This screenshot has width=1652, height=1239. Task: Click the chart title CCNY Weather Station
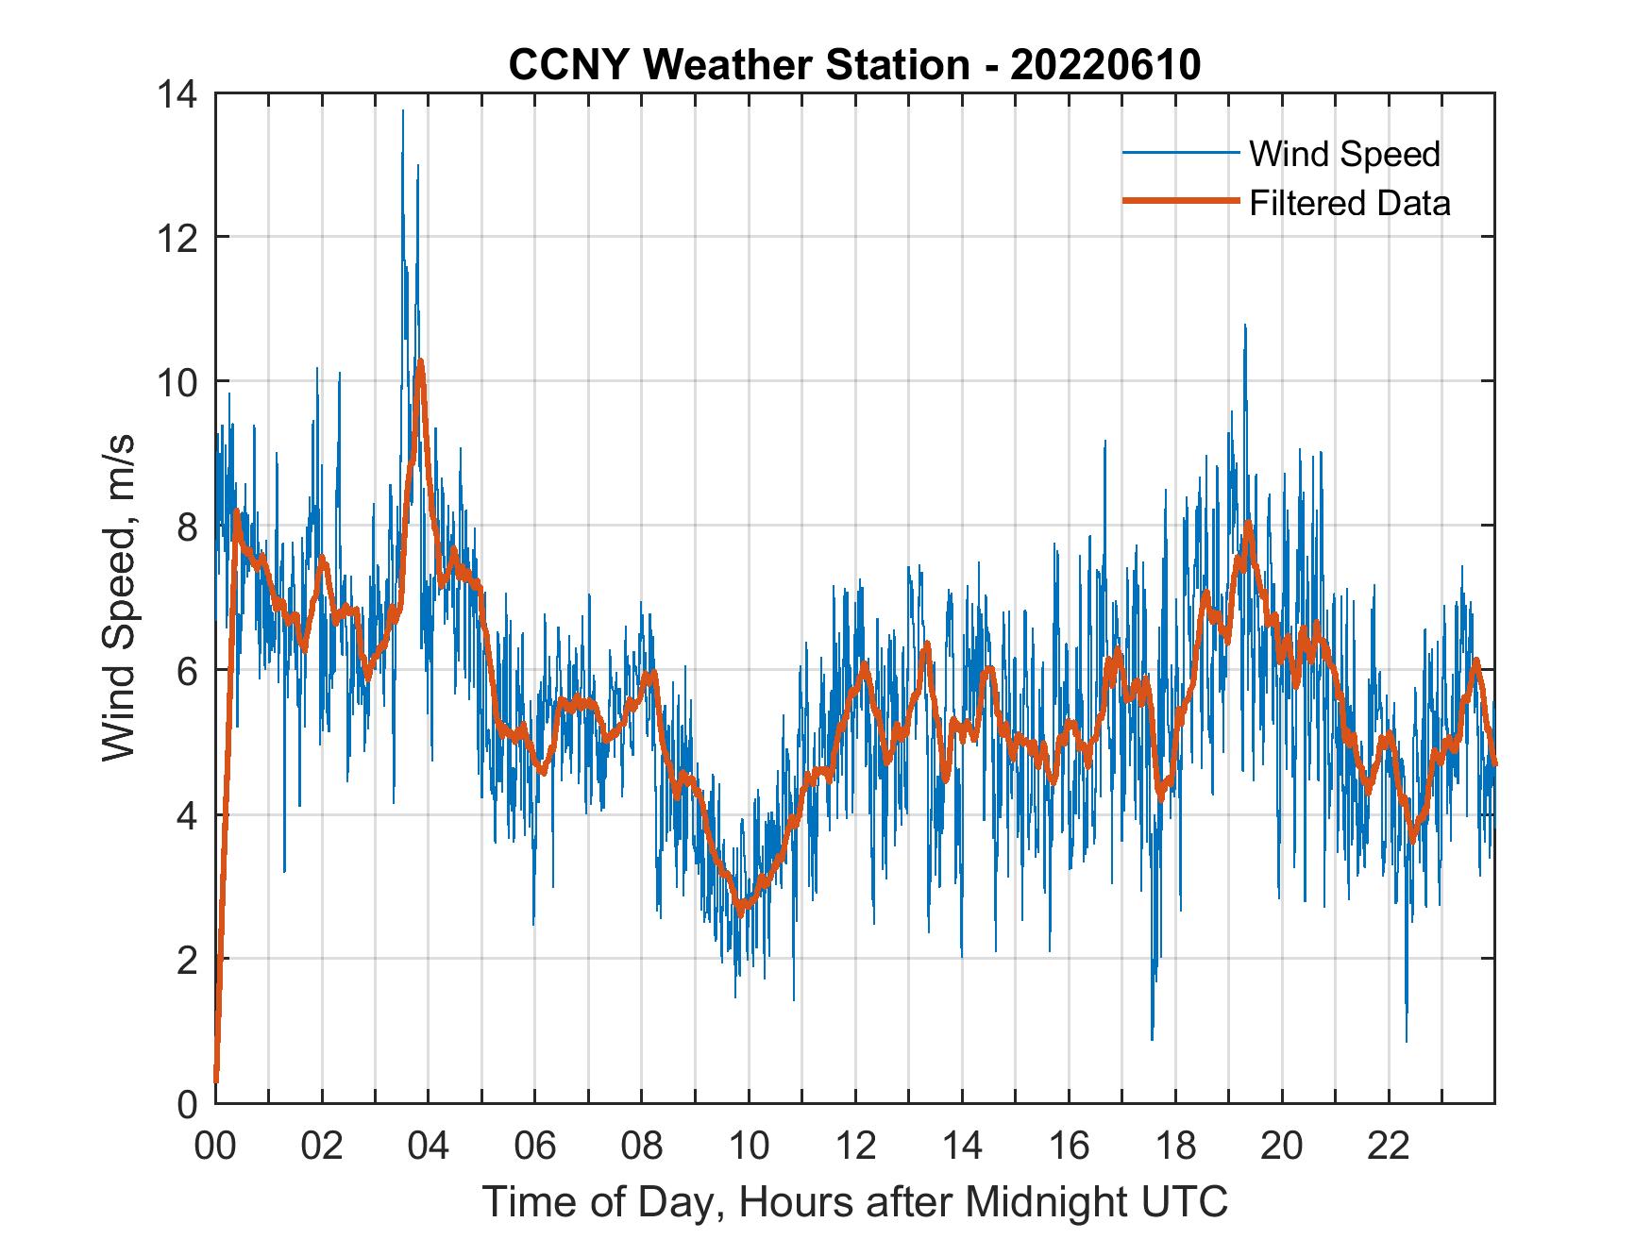tap(854, 65)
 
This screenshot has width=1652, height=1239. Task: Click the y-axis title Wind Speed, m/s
tap(119, 597)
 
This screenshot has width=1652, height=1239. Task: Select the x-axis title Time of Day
tap(854, 1201)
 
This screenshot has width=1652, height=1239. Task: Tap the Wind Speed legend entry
tap(1344, 154)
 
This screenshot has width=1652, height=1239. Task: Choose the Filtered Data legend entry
tap(1349, 203)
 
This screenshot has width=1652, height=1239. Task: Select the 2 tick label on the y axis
tap(186, 960)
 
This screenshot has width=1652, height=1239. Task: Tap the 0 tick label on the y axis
tap(186, 1104)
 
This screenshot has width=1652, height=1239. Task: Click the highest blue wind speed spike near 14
tap(403, 112)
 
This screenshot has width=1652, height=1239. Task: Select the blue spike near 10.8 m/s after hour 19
tap(1245, 326)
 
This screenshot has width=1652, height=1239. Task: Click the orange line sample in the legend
tap(1180, 201)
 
